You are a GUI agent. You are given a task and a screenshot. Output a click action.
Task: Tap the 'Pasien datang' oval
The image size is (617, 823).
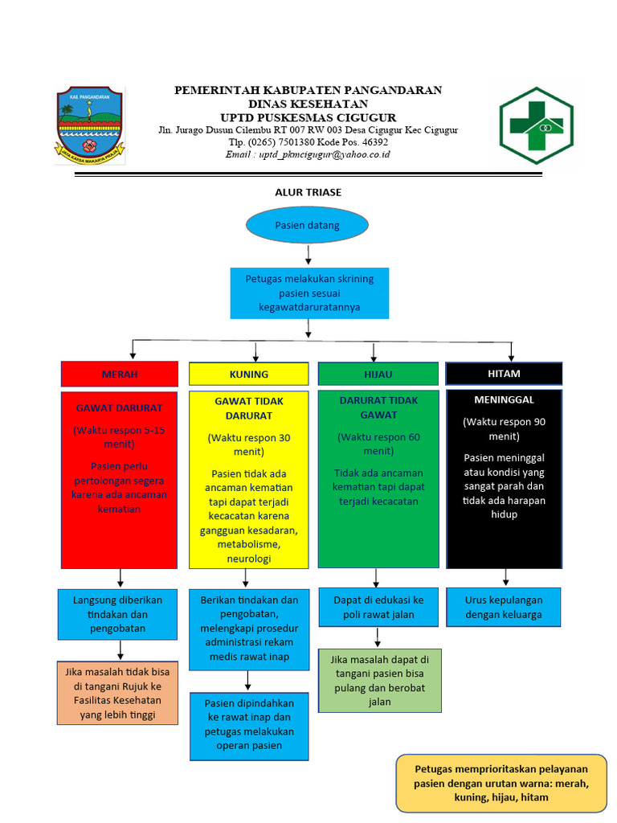[x=307, y=225]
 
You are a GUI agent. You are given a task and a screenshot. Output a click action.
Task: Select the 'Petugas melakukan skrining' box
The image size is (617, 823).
[x=308, y=293]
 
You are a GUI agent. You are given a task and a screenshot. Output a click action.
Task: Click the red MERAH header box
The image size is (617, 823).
[x=119, y=374]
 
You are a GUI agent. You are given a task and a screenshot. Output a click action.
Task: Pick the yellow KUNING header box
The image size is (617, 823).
[x=248, y=374]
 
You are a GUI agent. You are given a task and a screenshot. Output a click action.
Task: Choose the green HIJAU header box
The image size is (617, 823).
[x=378, y=374]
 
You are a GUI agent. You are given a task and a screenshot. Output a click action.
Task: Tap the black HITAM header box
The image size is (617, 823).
[x=504, y=374]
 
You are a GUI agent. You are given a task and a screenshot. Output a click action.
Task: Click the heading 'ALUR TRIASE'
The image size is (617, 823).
[x=308, y=192]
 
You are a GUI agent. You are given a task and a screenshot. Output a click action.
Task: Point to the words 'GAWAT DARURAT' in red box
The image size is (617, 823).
[x=119, y=407]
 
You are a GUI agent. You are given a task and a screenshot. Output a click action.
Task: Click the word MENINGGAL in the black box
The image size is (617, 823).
[x=504, y=399]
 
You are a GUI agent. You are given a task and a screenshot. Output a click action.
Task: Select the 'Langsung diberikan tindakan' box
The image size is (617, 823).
[x=117, y=614]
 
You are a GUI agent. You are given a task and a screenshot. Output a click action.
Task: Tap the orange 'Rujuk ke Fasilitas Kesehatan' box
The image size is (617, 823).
[x=117, y=693]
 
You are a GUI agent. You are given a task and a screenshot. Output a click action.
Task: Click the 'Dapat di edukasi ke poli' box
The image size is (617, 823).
[x=378, y=607]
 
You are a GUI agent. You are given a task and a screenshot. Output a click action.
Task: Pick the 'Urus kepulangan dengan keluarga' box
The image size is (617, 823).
[x=504, y=607]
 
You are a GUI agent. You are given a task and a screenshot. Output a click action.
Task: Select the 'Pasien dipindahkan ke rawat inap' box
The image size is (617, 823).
[x=249, y=725]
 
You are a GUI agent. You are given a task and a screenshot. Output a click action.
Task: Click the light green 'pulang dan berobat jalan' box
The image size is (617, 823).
[x=379, y=680]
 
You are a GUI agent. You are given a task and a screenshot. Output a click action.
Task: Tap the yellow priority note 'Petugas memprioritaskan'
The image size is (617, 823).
[x=501, y=783]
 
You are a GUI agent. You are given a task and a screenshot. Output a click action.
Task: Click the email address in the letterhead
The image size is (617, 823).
[x=308, y=154]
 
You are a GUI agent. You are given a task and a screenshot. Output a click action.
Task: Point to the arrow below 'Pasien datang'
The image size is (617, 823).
[x=308, y=256]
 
